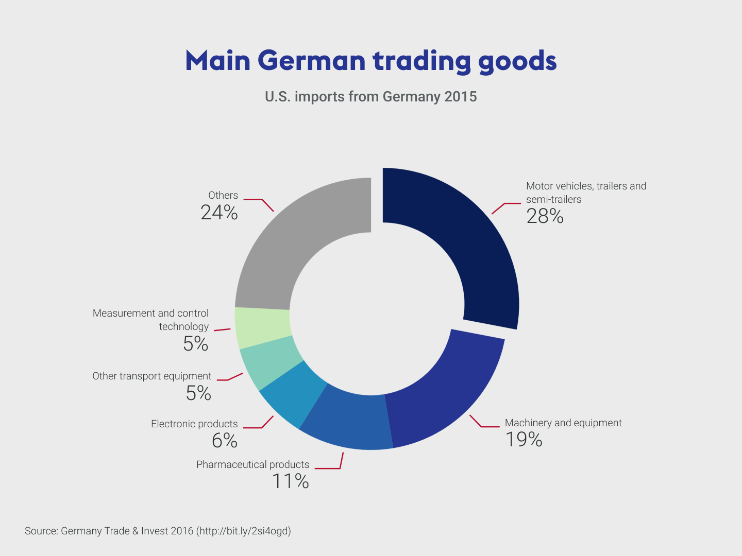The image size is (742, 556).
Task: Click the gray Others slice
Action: click(304, 236)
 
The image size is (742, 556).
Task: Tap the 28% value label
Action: click(545, 216)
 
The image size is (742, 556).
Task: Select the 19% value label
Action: click(524, 440)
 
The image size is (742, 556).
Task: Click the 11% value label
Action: click(291, 481)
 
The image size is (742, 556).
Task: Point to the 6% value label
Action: click(225, 441)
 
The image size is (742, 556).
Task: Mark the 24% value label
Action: click(219, 213)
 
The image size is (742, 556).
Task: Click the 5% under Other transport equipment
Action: click(198, 393)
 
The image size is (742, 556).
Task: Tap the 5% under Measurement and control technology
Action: click(195, 344)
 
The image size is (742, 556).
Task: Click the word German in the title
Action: click(311, 61)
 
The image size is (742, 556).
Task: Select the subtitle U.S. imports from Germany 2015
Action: click(371, 97)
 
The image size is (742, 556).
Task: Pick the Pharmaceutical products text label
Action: click(252, 464)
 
